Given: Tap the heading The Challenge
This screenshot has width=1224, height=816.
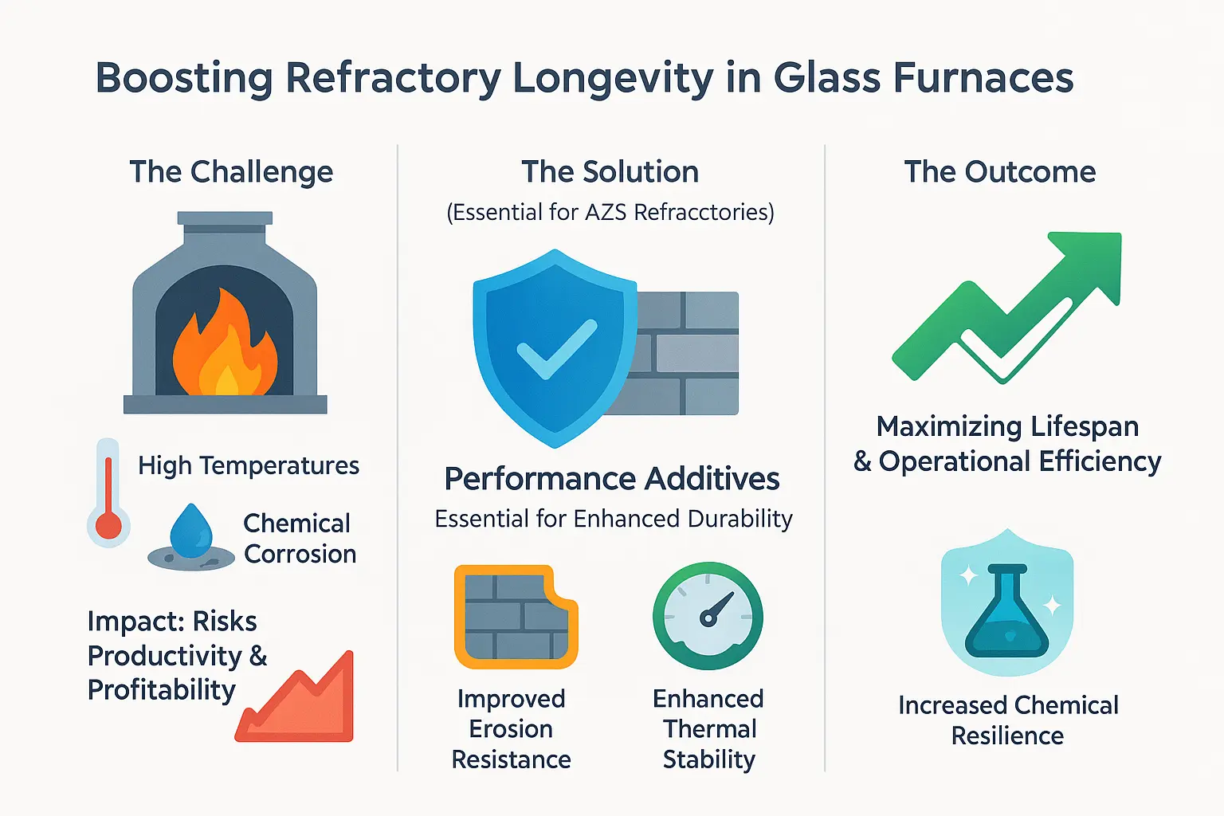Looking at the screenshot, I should point(231,172).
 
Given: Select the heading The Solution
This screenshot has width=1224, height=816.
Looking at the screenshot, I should point(610,172).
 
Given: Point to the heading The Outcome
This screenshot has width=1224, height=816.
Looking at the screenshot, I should point(999,172).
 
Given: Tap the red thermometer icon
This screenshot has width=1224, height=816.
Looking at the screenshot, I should point(108,494).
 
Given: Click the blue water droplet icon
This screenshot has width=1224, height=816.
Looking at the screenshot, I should point(191,532).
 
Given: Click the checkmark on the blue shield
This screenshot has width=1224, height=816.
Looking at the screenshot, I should point(555,351).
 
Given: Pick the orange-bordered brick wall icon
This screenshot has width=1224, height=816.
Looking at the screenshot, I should point(515,617).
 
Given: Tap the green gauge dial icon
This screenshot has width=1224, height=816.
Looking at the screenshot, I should point(708,617).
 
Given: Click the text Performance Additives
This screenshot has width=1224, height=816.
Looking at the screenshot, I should point(611,479).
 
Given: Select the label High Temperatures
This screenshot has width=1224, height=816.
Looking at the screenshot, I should point(249,465).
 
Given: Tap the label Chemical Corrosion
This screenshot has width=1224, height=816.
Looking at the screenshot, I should point(299,539).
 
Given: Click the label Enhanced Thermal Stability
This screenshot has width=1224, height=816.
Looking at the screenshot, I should point(708,728).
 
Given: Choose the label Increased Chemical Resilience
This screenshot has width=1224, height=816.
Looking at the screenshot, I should point(1008,720).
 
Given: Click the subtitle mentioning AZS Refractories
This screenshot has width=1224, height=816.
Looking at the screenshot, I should point(610,213).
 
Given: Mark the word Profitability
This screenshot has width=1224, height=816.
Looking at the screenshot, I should point(162,690).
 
